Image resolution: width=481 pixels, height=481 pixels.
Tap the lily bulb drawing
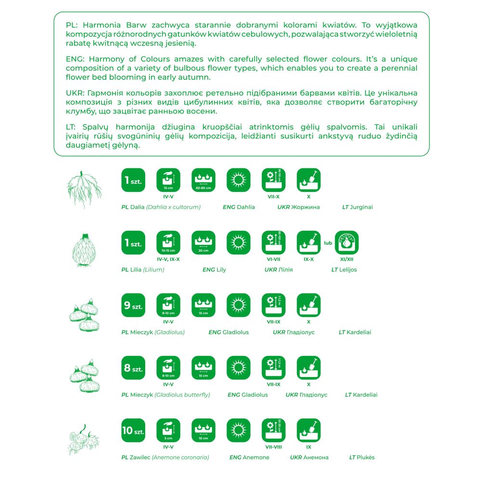(x=85, y=251)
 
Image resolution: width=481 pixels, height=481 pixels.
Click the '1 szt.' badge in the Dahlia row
(x=133, y=180)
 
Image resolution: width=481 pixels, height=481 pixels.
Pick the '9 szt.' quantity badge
(x=133, y=305)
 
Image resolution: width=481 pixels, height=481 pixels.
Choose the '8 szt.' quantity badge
(x=133, y=368)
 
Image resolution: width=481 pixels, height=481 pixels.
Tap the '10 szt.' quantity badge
(x=133, y=430)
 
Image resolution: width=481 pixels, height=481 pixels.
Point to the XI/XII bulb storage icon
(x=346, y=243)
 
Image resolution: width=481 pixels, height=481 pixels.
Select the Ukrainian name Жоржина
(x=305, y=207)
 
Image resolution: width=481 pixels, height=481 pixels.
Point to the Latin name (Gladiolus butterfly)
(x=182, y=395)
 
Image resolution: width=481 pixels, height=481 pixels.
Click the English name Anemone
(x=256, y=457)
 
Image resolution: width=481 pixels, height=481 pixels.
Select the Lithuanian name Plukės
(x=366, y=457)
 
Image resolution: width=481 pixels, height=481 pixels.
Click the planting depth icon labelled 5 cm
(x=168, y=430)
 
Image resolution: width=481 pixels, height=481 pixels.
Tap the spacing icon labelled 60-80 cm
(x=203, y=180)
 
